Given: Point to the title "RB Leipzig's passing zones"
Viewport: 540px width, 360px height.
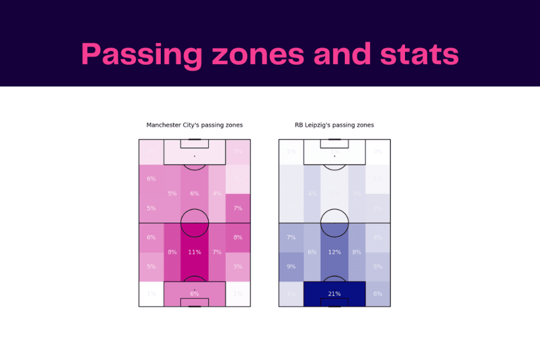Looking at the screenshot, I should coord(334,125).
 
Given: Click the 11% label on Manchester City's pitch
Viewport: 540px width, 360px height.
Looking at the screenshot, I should coord(195,252).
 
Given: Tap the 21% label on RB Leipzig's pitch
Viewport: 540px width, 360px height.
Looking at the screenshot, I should coord(334,294).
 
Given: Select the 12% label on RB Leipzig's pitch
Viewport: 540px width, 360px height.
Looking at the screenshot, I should coord(334,252).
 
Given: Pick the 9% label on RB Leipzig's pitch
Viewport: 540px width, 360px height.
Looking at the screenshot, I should coord(291,267).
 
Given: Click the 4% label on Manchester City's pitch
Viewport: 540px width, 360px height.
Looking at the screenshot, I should coord(217,193).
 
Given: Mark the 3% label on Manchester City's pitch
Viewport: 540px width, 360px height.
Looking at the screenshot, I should coord(238,152).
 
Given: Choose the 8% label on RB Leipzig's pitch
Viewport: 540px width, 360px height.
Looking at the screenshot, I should coord(356,252).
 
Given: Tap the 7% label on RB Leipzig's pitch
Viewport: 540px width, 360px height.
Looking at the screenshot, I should coord(291,237).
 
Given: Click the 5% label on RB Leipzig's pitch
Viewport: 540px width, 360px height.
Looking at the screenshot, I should coord(378,267).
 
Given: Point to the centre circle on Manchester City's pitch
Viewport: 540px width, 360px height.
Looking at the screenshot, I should coord(195,222).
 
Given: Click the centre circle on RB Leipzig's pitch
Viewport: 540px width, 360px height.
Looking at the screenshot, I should coord(334,222).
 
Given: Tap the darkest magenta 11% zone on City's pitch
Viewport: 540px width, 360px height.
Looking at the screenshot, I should coord(195,264).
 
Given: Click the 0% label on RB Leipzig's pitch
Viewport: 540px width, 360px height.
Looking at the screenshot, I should coord(378,152).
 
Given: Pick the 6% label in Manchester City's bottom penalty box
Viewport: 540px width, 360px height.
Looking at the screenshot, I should coord(195,294).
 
